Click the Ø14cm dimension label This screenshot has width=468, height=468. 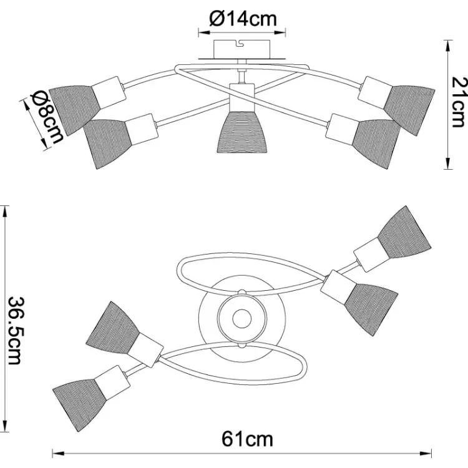click(243, 19)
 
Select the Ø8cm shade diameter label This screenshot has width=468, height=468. click(47, 117)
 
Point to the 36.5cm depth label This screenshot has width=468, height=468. click(15, 330)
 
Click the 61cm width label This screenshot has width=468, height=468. click(248, 439)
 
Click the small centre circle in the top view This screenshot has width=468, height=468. click(241, 318)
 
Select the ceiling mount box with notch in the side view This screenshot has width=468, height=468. click(242, 49)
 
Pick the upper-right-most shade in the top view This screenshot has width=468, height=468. click(405, 232)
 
